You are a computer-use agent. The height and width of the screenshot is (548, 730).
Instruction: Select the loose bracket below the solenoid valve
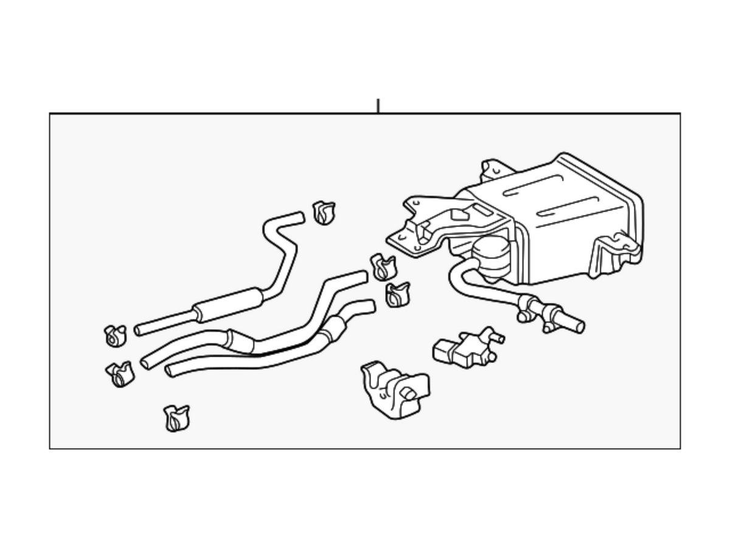pyautogui.click(x=394, y=390)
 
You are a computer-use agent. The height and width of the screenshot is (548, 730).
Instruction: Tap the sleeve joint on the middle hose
pyautogui.click(x=238, y=341)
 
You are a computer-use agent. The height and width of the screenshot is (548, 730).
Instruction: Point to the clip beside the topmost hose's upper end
pyautogui.click(x=323, y=213)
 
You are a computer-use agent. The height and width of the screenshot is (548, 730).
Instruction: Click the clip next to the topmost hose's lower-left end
pyautogui.click(x=115, y=335)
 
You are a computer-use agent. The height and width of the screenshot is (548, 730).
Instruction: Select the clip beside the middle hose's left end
pyautogui.click(x=120, y=374)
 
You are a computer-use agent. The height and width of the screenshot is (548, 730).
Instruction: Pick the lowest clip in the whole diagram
pyautogui.click(x=176, y=418)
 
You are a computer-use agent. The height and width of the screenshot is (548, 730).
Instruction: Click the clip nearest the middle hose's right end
pyautogui.click(x=383, y=267)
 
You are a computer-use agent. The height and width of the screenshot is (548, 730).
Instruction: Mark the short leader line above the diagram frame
pyautogui.click(x=378, y=106)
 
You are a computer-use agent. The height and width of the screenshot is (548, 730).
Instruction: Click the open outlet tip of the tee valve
pyautogui.click(x=579, y=327)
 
